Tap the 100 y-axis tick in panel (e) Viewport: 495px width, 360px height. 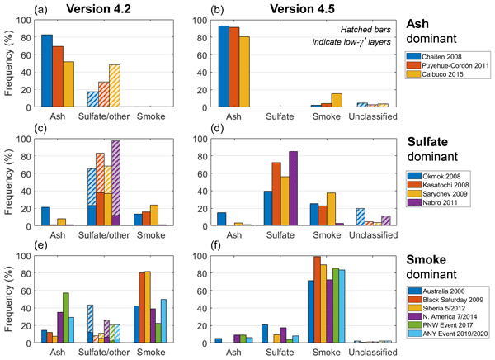[23, 258]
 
